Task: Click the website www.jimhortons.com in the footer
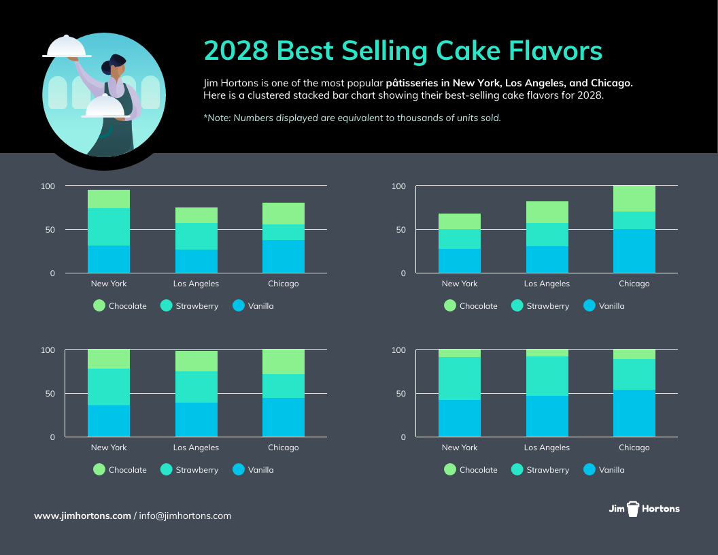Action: pos(82,516)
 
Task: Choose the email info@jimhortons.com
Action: pos(185,516)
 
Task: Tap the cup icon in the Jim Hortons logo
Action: pos(634,509)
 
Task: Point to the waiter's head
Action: pos(116,65)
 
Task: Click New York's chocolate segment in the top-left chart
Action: pos(109,199)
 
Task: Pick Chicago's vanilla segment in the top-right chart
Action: pos(634,251)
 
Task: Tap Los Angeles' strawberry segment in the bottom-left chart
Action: pos(196,387)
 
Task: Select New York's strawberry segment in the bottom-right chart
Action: pos(460,378)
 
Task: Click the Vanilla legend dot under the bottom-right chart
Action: pos(589,469)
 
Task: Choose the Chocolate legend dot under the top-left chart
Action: pos(99,305)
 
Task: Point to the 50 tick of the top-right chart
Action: pos(400,230)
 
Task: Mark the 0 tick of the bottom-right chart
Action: pos(403,437)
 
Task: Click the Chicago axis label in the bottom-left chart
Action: pos(283,448)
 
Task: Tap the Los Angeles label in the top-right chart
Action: pos(547,284)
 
